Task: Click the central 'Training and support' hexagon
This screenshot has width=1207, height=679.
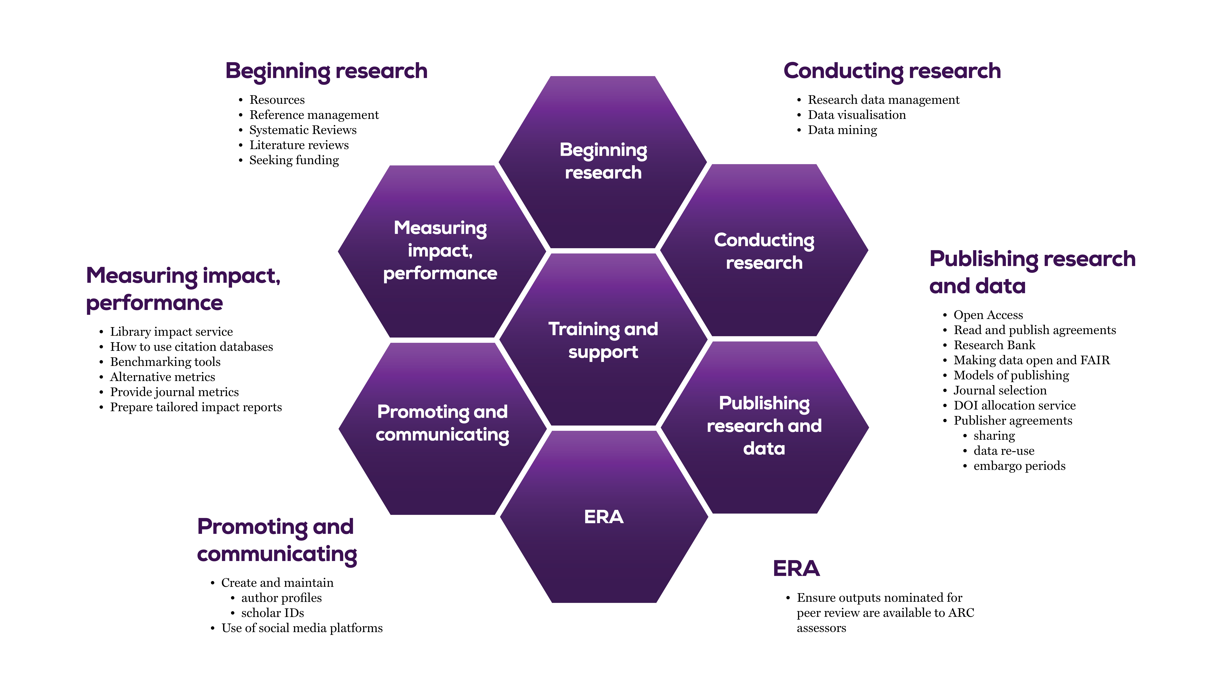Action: [x=603, y=340]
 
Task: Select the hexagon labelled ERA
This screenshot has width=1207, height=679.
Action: [x=603, y=517]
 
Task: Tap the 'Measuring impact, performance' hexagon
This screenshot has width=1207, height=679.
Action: [x=440, y=251]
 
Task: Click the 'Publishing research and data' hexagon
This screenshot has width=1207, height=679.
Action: [x=764, y=426]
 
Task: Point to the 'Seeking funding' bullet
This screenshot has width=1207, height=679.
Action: [x=294, y=160]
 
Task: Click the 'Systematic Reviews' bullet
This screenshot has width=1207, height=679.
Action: [x=303, y=130]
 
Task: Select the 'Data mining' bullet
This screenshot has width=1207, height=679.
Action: [x=842, y=130]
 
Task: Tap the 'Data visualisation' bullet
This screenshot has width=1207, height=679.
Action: [x=857, y=115]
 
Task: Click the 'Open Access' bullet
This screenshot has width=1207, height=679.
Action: [x=988, y=315]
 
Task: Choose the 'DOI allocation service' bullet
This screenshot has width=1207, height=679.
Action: [x=1014, y=405]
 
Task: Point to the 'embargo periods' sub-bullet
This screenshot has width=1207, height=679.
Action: [x=1019, y=466]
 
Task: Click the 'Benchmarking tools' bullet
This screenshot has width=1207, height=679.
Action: [x=165, y=362]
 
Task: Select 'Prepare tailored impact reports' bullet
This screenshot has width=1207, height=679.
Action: [x=196, y=407]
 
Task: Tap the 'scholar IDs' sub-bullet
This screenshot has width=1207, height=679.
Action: [x=272, y=613]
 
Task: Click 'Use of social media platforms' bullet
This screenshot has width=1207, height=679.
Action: [x=302, y=628]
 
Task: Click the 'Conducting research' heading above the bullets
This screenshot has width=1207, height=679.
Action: [x=892, y=71]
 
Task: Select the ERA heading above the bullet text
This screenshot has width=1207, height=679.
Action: [x=796, y=568]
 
